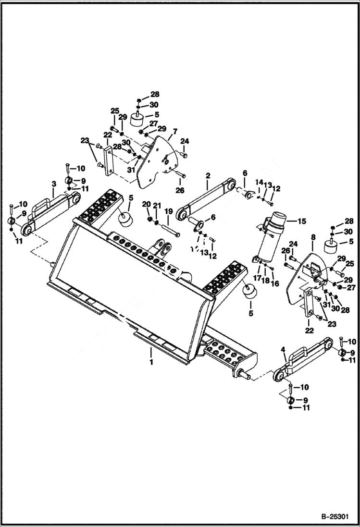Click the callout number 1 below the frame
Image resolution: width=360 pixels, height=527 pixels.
(151, 362)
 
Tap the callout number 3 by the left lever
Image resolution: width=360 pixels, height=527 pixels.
(54, 184)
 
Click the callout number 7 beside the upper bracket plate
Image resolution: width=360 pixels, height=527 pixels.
(174, 131)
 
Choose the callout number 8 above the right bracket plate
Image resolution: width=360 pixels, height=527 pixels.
(313, 237)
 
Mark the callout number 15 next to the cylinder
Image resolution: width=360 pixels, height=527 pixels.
(301, 221)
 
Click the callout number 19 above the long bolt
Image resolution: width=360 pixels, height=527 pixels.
(169, 211)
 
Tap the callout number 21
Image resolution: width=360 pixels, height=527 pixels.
(157, 206)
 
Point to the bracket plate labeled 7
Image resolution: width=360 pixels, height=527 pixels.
(154, 161)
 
